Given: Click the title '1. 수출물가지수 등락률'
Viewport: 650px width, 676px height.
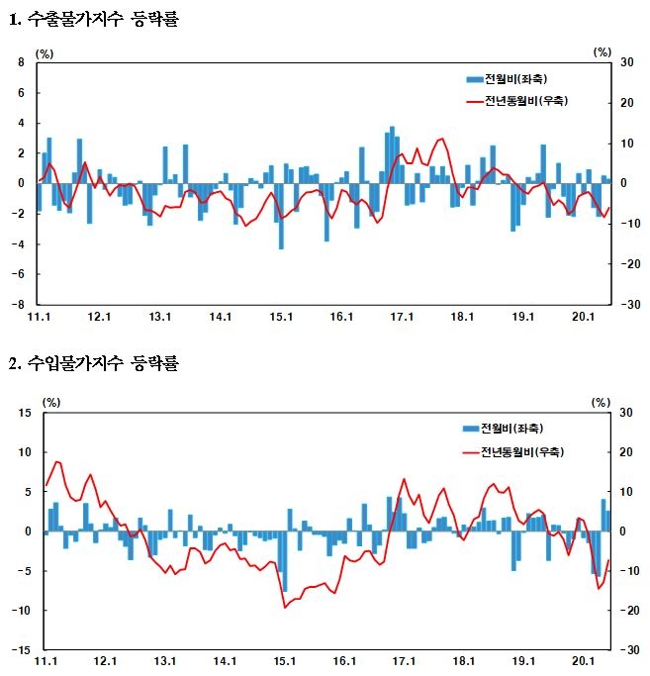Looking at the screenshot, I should (94, 19).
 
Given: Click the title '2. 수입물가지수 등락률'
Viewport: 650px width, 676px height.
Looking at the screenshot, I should (94, 363).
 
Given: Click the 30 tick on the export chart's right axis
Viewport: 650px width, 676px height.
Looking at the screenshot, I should (625, 62).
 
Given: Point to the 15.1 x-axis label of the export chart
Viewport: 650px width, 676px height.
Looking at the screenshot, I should (282, 317).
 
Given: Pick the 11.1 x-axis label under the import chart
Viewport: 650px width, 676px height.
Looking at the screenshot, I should (46, 662).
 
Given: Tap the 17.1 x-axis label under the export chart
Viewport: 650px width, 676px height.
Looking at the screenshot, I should (403, 317).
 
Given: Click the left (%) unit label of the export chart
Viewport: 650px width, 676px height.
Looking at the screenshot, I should (45, 51).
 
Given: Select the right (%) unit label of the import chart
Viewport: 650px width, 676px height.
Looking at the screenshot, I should (602, 402).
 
